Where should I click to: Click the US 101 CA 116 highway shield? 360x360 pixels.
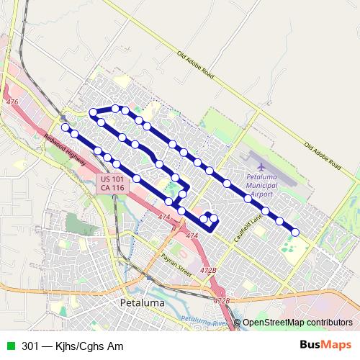(x=112, y=183)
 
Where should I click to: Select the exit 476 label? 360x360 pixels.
(x=12, y=103)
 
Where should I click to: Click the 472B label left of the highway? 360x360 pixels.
(x=208, y=270)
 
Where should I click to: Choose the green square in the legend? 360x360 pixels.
(x=11, y=346)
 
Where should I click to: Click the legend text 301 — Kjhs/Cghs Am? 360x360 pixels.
(x=72, y=346)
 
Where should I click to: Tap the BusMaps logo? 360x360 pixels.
(x=326, y=345)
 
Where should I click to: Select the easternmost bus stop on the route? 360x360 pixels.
(x=295, y=232)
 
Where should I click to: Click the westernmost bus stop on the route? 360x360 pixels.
(x=66, y=127)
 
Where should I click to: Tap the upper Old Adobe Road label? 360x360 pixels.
(x=195, y=63)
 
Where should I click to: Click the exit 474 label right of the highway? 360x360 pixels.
(x=192, y=235)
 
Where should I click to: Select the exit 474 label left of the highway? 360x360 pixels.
(x=164, y=217)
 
